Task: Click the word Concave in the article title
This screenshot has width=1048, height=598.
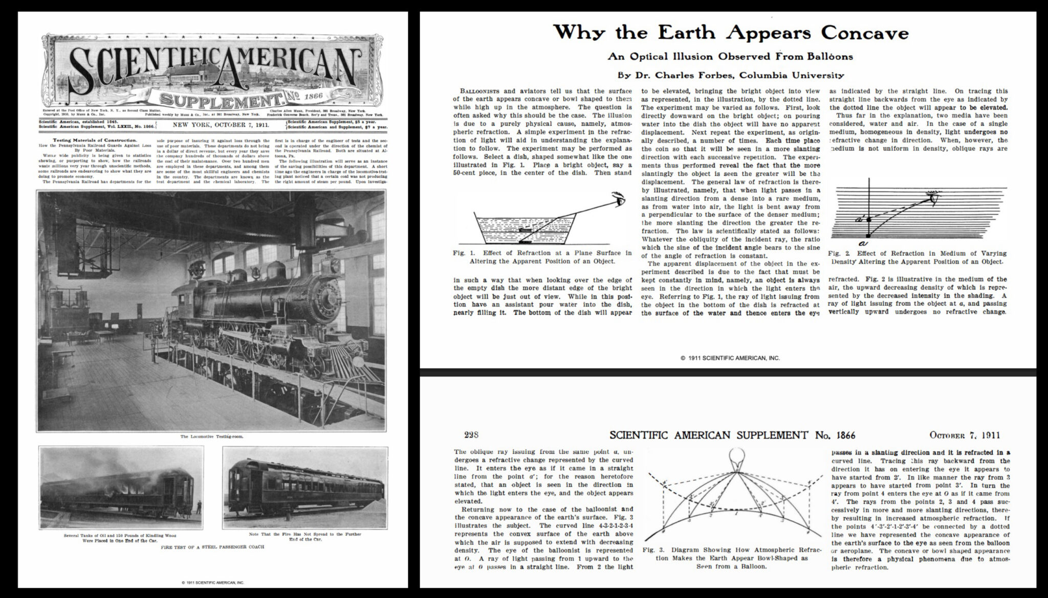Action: [x=865, y=33]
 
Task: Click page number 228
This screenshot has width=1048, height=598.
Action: [x=471, y=435]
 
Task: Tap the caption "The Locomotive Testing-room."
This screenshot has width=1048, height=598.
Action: [x=211, y=437]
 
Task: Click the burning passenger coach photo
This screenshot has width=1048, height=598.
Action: [x=121, y=486]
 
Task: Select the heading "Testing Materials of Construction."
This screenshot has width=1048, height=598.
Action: [x=95, y=140]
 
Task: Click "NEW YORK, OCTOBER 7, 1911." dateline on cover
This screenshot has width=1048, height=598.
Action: [x=221, y=125]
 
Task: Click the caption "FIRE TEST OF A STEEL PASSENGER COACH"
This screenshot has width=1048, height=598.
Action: [x=212, y=547]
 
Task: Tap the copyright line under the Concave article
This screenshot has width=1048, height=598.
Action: [x=730, y=358]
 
